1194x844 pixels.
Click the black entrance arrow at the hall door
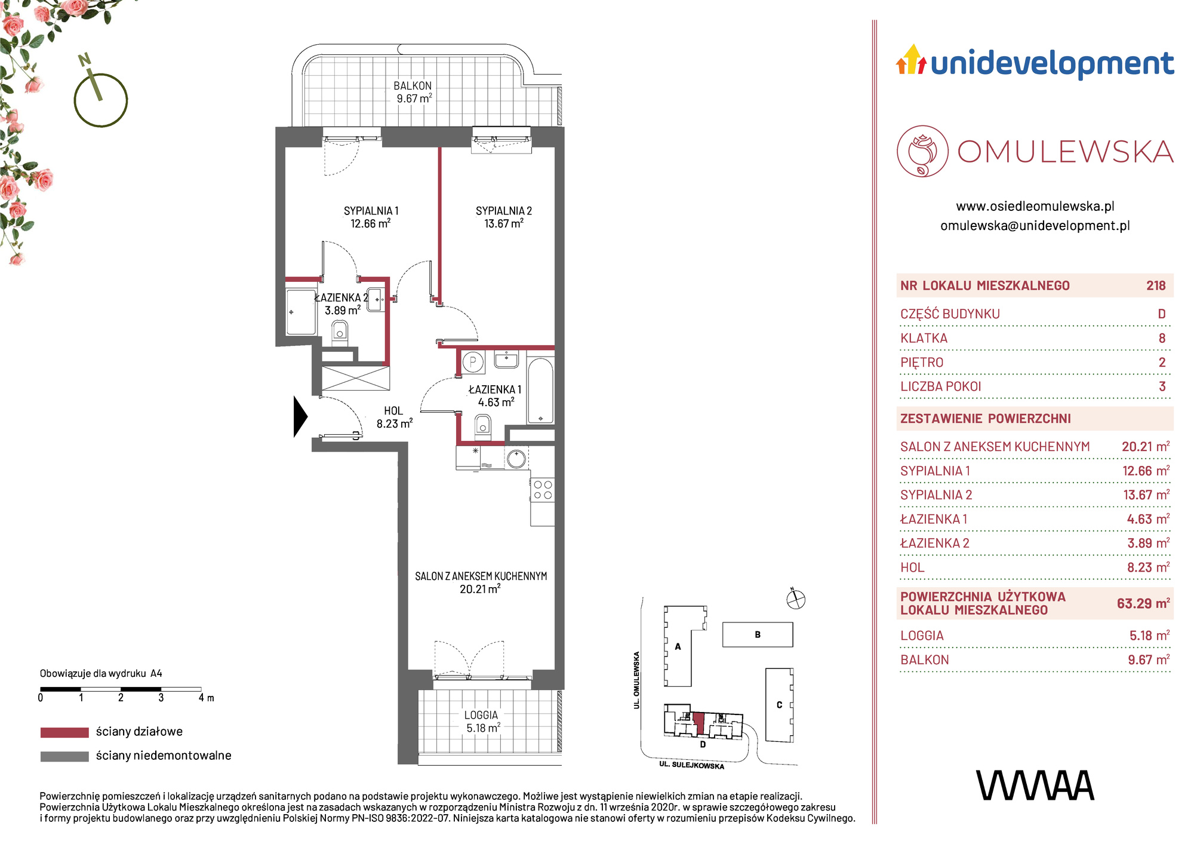[300, 416]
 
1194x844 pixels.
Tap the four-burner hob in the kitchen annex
[543, 490]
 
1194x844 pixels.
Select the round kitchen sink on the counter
[516, 459]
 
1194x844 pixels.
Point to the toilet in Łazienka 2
[340, 331]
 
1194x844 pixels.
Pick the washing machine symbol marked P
[473, 361]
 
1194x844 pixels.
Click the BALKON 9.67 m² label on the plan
[413, 92]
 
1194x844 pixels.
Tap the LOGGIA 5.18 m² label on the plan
[482, 722]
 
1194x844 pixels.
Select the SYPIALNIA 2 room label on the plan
[504, 217]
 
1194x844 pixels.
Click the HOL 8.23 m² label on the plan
[394, 417]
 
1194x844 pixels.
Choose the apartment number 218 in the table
[1156, 286]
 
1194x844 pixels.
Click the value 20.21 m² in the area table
[1146, 446]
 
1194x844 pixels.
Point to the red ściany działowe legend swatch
[64, 732]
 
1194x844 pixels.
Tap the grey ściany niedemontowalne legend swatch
[64, 756]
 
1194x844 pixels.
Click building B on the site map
[758, 634]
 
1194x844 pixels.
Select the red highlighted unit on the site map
[699, 724]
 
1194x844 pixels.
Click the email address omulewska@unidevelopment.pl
[1035, 226]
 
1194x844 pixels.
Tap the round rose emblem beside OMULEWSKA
[922, 151]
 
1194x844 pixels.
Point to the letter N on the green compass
[84, 59]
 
